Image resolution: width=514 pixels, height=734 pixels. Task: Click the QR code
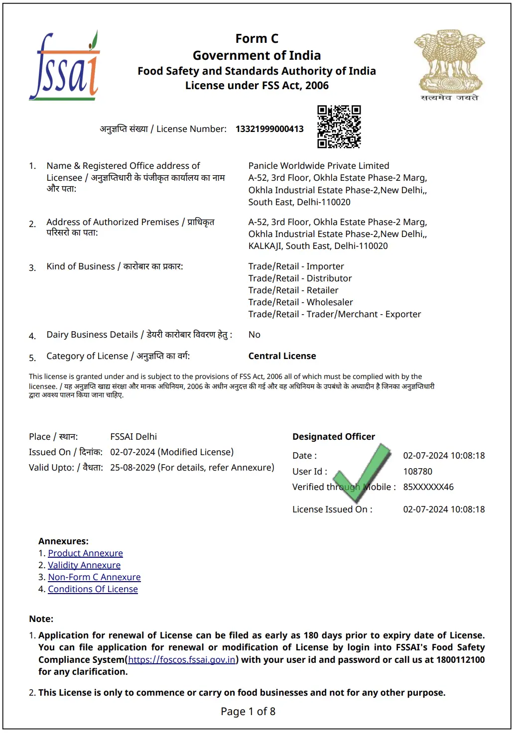(339, 126)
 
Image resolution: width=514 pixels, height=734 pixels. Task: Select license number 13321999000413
(269, 129)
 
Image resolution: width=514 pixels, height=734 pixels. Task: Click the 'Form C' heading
(257, 39)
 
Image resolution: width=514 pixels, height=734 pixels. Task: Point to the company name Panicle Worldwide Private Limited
(319, 166)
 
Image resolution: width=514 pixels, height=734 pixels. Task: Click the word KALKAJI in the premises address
(264, 246)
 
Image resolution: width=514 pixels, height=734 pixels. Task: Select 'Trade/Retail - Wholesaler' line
(300, 302)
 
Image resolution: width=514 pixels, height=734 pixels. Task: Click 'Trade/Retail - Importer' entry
(296, 266)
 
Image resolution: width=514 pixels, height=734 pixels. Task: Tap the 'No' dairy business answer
(254, 335)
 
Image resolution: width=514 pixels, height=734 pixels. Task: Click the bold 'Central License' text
(282, 356)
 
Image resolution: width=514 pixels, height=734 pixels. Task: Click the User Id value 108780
(417, 472)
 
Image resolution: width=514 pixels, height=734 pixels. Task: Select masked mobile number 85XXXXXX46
(428, 487)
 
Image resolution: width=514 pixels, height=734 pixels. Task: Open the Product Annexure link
(85, 553)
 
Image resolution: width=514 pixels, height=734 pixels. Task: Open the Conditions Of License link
(93, 589)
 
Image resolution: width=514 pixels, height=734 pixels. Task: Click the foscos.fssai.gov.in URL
(182, 660)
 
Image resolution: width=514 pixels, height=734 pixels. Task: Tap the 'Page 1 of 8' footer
(248, 712)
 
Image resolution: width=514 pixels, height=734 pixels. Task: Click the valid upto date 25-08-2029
(132, 468)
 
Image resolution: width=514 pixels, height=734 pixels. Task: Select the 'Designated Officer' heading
(333, 437)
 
